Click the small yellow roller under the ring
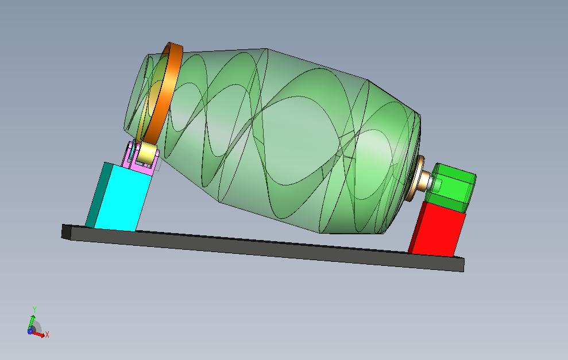point(149,153)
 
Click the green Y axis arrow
point(33,319)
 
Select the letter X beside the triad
point(47,334)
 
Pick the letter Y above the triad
point(34,309)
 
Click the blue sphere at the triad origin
point(30,331)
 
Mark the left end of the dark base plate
point(67,231)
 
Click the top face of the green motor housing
point(455,171)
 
